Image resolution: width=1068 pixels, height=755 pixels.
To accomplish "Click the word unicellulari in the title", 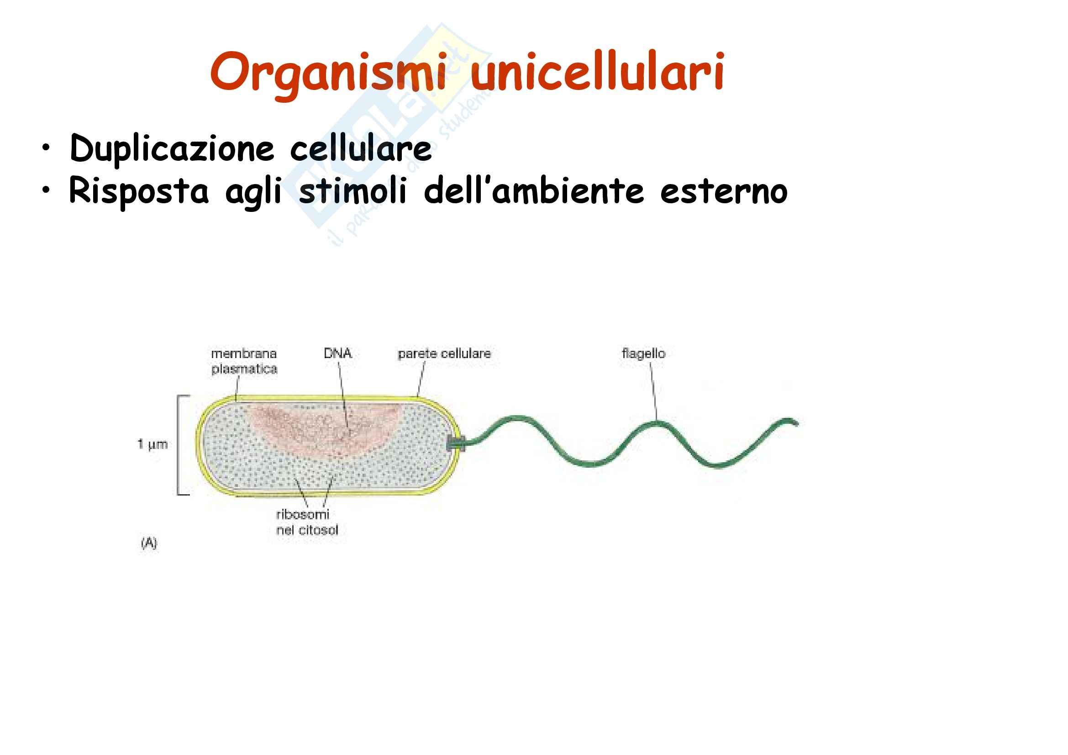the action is (597, 71).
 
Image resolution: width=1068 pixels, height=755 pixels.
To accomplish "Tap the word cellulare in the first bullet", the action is (361, 148).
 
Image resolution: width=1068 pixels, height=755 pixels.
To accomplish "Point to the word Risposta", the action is (139, 191).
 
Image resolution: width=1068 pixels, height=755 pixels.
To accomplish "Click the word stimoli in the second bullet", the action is (353, 190).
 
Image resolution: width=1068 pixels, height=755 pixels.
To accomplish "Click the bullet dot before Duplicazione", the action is (45, 148).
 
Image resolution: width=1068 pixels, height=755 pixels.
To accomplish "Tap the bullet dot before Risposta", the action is (45, 190).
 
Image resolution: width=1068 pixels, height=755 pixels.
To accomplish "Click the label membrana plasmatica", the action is (244, 361).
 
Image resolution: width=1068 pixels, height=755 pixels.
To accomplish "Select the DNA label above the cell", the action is (338, 354).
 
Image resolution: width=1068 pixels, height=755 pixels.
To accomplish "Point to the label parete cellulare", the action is (444, 354).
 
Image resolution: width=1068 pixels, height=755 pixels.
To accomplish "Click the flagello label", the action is (644, 354).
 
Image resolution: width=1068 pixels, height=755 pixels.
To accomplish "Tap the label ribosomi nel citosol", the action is (307, 522).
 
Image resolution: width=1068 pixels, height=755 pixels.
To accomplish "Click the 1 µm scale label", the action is (152, 444).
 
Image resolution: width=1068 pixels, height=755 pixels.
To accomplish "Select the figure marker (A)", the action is (149, 543).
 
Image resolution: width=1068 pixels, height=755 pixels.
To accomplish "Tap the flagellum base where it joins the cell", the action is (456, 443).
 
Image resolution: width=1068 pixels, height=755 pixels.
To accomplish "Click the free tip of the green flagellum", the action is (797, 423).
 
